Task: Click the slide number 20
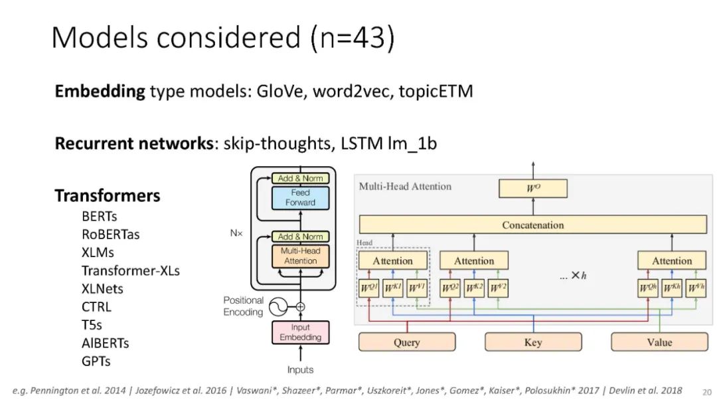click(706, 392)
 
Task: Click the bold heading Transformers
click(107, 196)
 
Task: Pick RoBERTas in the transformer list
click(110, 234)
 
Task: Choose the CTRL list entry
click(96, 307)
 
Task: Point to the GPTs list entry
click(96, 361)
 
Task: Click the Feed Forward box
click(300, 197)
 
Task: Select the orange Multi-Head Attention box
click(300, 256)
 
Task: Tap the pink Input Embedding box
click(300, 332)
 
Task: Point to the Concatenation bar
click(532, 225)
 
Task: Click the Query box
click(406, 342)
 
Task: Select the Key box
click(532, 342)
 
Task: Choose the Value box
click(659, 342)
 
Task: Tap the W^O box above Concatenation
click(532, 189)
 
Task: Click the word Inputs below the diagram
click(300, 369)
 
